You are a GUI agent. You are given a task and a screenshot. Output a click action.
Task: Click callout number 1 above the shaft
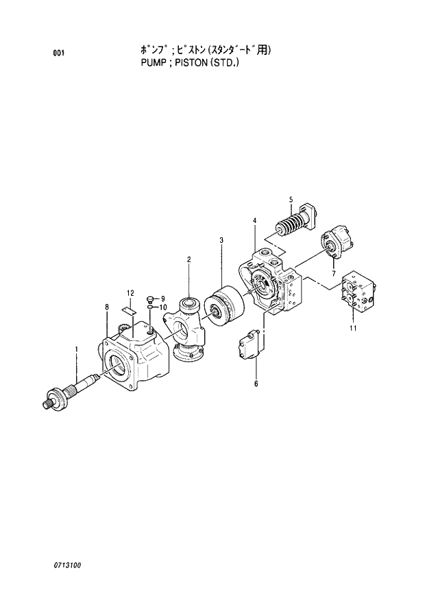pyautogui.click(x=76, y=349)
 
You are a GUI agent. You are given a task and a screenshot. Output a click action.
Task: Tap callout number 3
pyautogui.click(x=221, y=240)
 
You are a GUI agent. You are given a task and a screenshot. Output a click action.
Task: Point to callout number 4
pyautogui.click(x=254, y=220)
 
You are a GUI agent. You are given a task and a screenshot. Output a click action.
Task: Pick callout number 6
pyautogui.click(x=256, y=384)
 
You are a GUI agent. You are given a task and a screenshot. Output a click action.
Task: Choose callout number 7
pyautogui.click(x=333, y=274)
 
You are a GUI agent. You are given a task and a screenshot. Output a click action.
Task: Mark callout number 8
pyautogui.click(x=106, y=307)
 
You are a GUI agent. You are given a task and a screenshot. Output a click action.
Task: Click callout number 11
pyautogui.click(x=353, y=329)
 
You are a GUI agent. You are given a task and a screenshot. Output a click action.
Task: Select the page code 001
pyautogui.click(x=58, y=53)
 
